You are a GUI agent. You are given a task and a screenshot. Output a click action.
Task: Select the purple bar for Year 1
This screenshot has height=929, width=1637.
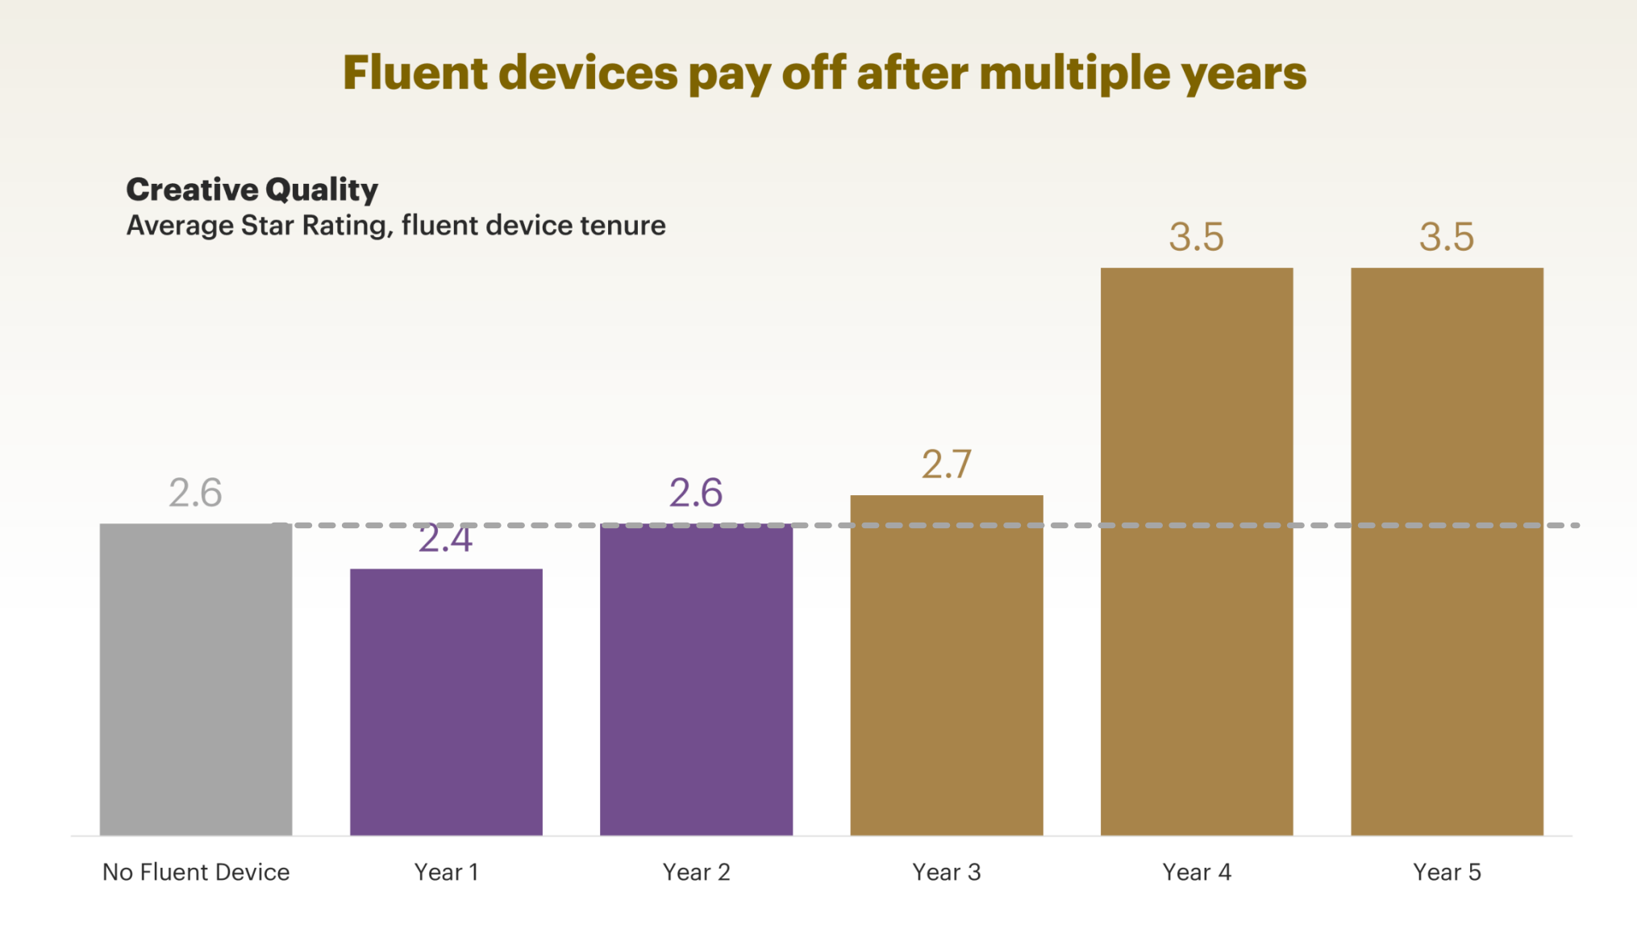point(446,702)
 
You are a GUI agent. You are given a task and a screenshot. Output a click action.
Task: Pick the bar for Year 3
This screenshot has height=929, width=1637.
point(946,664)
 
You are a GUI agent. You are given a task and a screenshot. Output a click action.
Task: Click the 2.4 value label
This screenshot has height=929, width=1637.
point(445,539)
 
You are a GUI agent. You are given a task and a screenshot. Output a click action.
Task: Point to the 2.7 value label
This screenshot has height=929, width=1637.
point(946,464)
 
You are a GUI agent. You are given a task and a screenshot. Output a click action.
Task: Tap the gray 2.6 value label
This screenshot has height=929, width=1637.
point(195,493)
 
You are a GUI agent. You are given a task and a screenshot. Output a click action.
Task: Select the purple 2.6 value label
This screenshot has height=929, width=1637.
point(696,493)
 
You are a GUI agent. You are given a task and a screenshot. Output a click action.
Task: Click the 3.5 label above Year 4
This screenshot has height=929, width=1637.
point(1197,237)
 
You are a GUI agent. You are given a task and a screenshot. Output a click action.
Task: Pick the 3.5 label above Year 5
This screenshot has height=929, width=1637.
point(1447,237)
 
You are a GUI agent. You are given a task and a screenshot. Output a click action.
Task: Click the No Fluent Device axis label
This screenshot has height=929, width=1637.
point(196,872)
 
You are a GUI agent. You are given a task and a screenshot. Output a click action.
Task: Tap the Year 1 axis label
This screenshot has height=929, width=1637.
point(446,872)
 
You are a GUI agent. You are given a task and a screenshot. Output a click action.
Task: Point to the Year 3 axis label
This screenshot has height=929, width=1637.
point(946,872)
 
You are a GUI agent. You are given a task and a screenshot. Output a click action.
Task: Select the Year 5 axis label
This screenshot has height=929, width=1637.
point(1447,872)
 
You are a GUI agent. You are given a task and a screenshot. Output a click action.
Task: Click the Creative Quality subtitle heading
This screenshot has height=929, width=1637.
point(252,190)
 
